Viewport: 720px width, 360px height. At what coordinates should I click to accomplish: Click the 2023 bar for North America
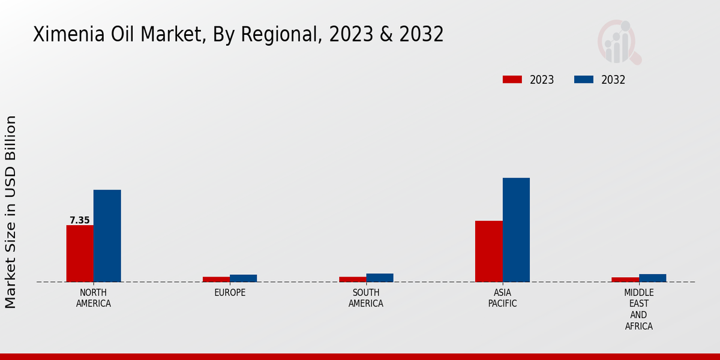[x=80, y=253]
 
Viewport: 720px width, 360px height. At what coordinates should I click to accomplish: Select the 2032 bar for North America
[x=107, y=236]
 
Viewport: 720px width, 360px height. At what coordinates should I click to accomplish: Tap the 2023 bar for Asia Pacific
[x=488, y=251]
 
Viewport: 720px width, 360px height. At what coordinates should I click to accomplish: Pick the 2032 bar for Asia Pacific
[x=516, y=230]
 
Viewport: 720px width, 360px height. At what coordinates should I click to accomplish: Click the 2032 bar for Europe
[x=243, y=278]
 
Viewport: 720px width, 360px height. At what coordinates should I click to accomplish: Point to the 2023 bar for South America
[x=352, y=279]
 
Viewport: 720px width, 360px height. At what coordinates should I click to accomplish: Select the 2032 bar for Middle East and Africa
[x=652, y=278]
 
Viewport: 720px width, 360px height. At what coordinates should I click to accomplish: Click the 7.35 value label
[x=79, y=220]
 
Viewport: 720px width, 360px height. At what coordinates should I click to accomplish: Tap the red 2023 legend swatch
[x=512, y=80]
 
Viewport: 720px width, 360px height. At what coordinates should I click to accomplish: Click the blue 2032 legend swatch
[x=584, y=80]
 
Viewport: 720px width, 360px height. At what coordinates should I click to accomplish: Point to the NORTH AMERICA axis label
[x=93, y=298]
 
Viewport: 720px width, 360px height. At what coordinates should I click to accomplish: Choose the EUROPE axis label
[x=230, y=293]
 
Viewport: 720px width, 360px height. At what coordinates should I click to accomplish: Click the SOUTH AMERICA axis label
[x=366, y=298]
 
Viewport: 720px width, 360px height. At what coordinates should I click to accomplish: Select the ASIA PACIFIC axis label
[x=502, y=298]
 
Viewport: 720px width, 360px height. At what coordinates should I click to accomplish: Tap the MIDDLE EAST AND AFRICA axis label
[x=638, y=310]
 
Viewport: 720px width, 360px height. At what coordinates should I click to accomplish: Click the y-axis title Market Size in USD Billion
[x=11, y=212]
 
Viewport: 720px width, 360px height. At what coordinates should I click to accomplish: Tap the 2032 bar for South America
[x=380, y=278]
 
